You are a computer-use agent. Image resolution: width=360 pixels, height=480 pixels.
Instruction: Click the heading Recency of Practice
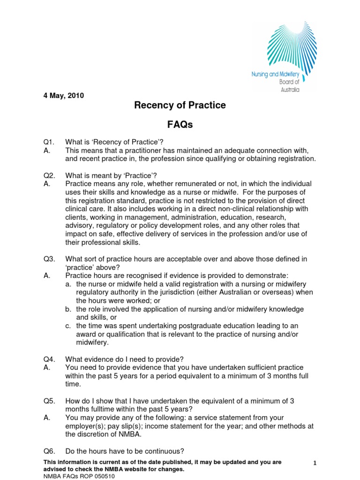[x=180, y=105]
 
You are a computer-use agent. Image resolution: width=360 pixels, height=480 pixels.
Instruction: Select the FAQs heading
[x=180, y=125]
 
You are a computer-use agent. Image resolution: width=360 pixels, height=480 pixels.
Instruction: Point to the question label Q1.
[x=49, y=142]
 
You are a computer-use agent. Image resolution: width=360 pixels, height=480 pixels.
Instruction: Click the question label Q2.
[x=49, y=175]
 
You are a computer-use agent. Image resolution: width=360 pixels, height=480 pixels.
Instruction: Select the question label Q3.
[x=49, y=259]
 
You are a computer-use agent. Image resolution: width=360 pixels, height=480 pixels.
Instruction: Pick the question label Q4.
[x=49, y=359]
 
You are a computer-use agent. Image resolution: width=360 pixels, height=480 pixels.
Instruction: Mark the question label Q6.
[x=49, y=451]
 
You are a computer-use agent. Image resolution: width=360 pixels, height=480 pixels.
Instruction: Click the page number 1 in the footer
[x=315, y=463]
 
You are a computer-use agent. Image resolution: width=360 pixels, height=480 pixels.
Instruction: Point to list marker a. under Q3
[x=68, y=284]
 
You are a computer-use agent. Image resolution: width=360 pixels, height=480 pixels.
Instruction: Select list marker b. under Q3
[x=68, y=309]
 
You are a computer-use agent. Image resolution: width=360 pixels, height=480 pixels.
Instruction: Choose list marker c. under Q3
[x=68, y=326]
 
